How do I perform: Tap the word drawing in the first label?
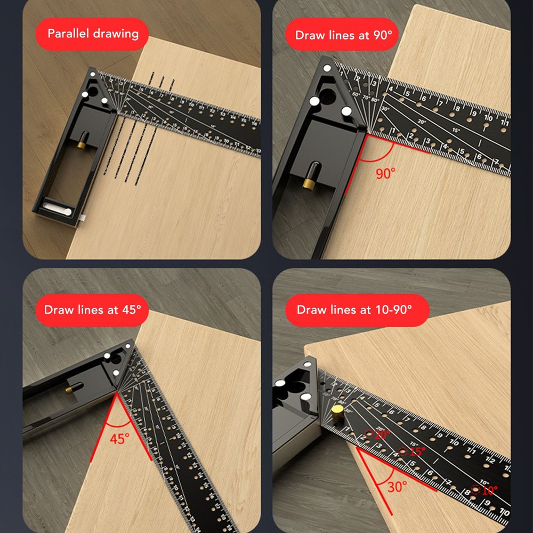[x=116, y=34]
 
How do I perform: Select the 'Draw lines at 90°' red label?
[x=346, y=35]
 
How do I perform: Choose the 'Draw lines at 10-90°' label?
[x=354, y=310]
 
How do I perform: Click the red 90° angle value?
[x=386, y=173]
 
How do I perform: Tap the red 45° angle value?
[x=119, y=439]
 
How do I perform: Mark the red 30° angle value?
[x=397, y=486]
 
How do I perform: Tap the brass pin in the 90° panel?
[x=309, y=182]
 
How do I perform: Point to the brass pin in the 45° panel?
[x=70, y=390]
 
